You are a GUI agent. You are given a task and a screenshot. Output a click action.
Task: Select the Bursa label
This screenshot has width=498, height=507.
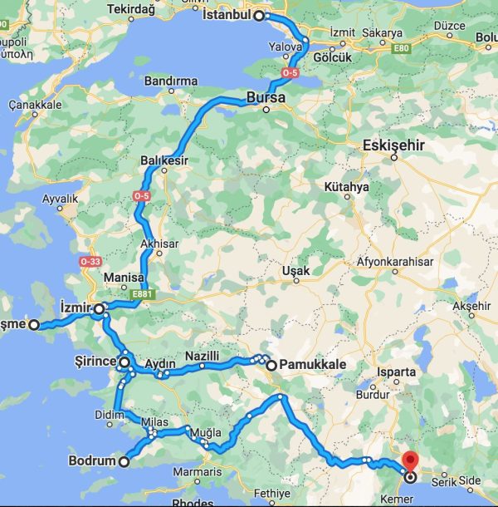266,99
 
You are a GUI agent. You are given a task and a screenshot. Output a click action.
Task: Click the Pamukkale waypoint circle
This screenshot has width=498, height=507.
271,365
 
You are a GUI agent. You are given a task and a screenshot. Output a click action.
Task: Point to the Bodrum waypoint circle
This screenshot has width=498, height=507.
124,462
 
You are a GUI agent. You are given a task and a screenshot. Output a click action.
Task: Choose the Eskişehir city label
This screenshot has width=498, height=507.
394,145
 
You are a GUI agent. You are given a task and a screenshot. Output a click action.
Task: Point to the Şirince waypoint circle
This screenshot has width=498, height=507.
124,362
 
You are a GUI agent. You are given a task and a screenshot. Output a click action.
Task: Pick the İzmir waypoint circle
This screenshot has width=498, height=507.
99,309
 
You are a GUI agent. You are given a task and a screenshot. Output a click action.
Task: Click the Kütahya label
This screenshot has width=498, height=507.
346,187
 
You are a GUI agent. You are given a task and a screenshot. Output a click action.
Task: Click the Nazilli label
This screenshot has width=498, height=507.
202,356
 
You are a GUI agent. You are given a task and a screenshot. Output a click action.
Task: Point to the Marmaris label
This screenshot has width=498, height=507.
198,472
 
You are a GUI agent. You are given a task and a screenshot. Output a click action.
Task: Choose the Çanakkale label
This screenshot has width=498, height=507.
36,106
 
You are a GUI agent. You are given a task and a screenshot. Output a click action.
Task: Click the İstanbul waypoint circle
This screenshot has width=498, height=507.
259,15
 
